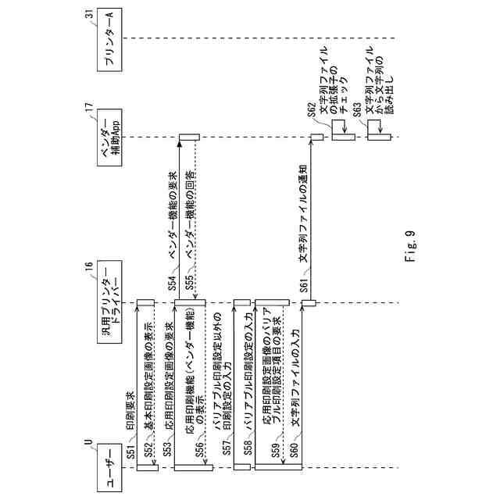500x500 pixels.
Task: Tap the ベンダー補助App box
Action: [110, 138]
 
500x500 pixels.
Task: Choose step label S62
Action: [311, 113]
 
